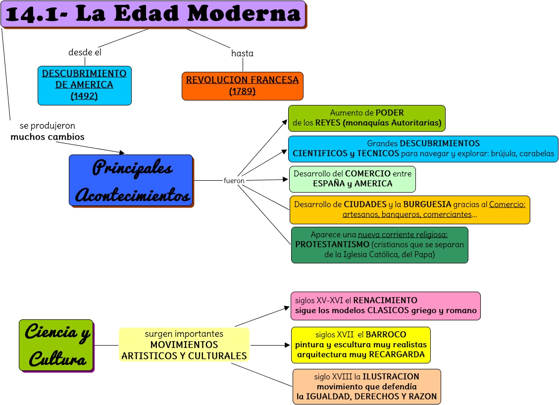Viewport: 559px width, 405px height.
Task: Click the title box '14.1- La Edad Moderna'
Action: click(153, 14)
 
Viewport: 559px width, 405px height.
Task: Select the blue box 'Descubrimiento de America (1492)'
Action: click(84, 85)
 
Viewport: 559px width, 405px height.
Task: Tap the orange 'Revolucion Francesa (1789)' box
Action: click(242, 86)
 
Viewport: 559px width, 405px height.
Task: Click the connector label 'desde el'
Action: click(85, 52)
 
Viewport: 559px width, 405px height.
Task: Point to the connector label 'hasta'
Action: click(242, 53)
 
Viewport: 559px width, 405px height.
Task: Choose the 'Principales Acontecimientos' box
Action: click(131, 180)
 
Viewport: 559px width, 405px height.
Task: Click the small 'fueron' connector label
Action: click(234, 181)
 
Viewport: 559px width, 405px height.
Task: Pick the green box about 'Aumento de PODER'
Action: click(366, 118)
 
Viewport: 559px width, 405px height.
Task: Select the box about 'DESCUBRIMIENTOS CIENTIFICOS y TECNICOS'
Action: click(423, 149)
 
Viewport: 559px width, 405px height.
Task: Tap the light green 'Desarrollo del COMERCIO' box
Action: click(352, 179)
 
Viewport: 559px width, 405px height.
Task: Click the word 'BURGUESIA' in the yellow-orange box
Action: click(427, 204)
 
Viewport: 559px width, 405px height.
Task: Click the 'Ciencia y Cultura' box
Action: click(56, 345)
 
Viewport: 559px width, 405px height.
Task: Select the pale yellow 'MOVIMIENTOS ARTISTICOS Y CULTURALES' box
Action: click(184, 345)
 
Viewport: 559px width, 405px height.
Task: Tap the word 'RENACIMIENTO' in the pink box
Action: click(385, 300)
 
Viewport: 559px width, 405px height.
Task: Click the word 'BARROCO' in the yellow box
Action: click(386, 335)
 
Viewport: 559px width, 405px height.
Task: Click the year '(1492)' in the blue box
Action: click(84, 96)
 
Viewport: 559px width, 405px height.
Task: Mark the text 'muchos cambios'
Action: click(48, 137)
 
